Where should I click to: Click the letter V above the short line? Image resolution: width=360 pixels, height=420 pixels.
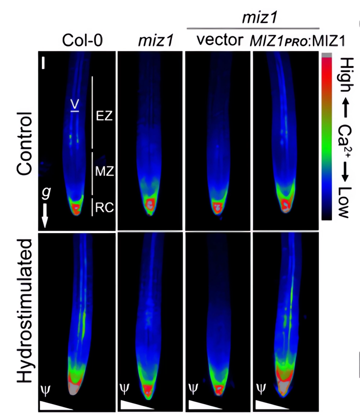[x=75, y=104]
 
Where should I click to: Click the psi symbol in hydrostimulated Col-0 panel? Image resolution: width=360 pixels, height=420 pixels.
[x=44, y=388]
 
